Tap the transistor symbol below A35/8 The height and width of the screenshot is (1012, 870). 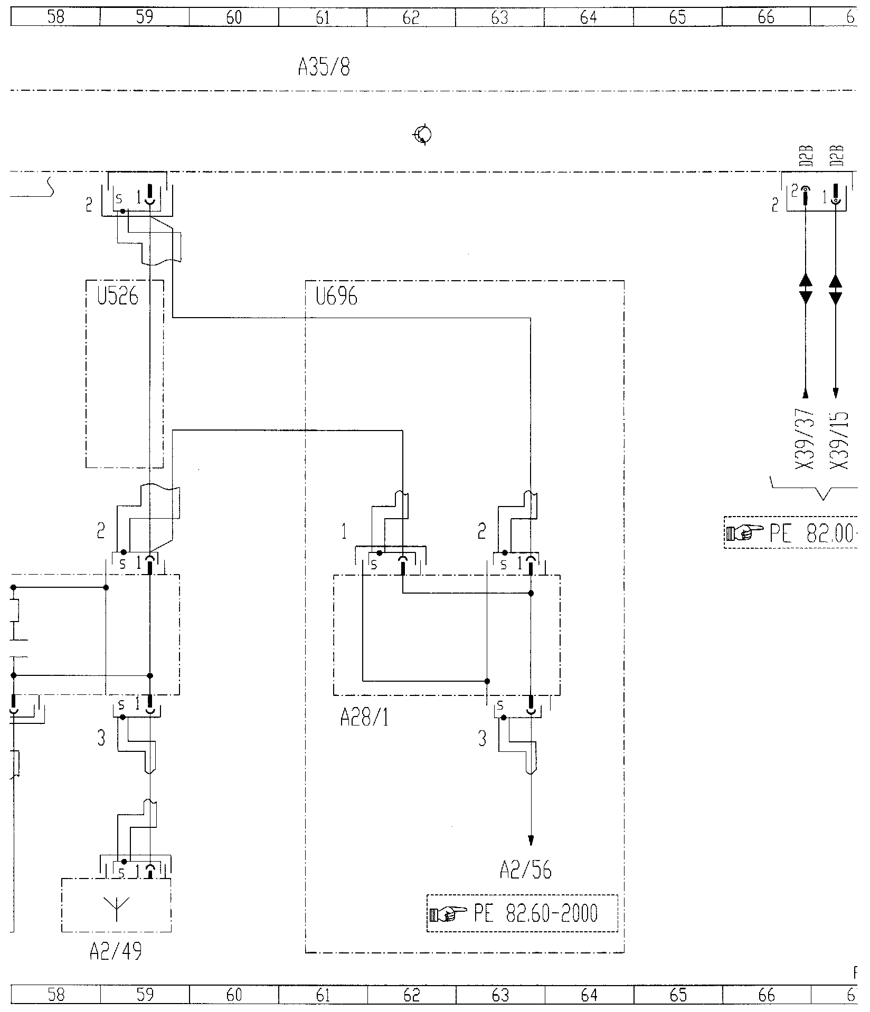(x=423, y=135)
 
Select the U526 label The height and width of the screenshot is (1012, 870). (x=117, y=298)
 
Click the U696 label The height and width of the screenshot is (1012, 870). (x=336, y=298)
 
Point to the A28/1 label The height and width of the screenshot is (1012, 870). (x=364, y=718)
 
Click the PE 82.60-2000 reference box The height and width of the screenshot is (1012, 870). (x=522, y=913)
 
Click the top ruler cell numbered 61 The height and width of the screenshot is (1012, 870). (x=323, y=18)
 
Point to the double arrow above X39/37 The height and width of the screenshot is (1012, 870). (x=806, y=289)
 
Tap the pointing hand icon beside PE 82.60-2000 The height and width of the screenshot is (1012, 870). (x=448, y=913)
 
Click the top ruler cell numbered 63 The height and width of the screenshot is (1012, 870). (x=499, y=18)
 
